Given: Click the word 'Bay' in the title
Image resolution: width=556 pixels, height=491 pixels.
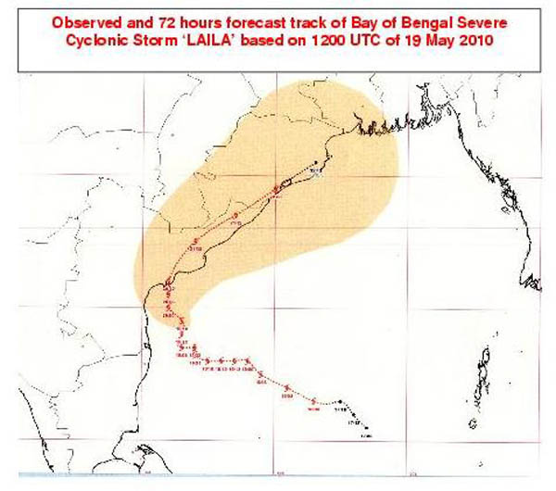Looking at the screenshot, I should click(355, 19).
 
